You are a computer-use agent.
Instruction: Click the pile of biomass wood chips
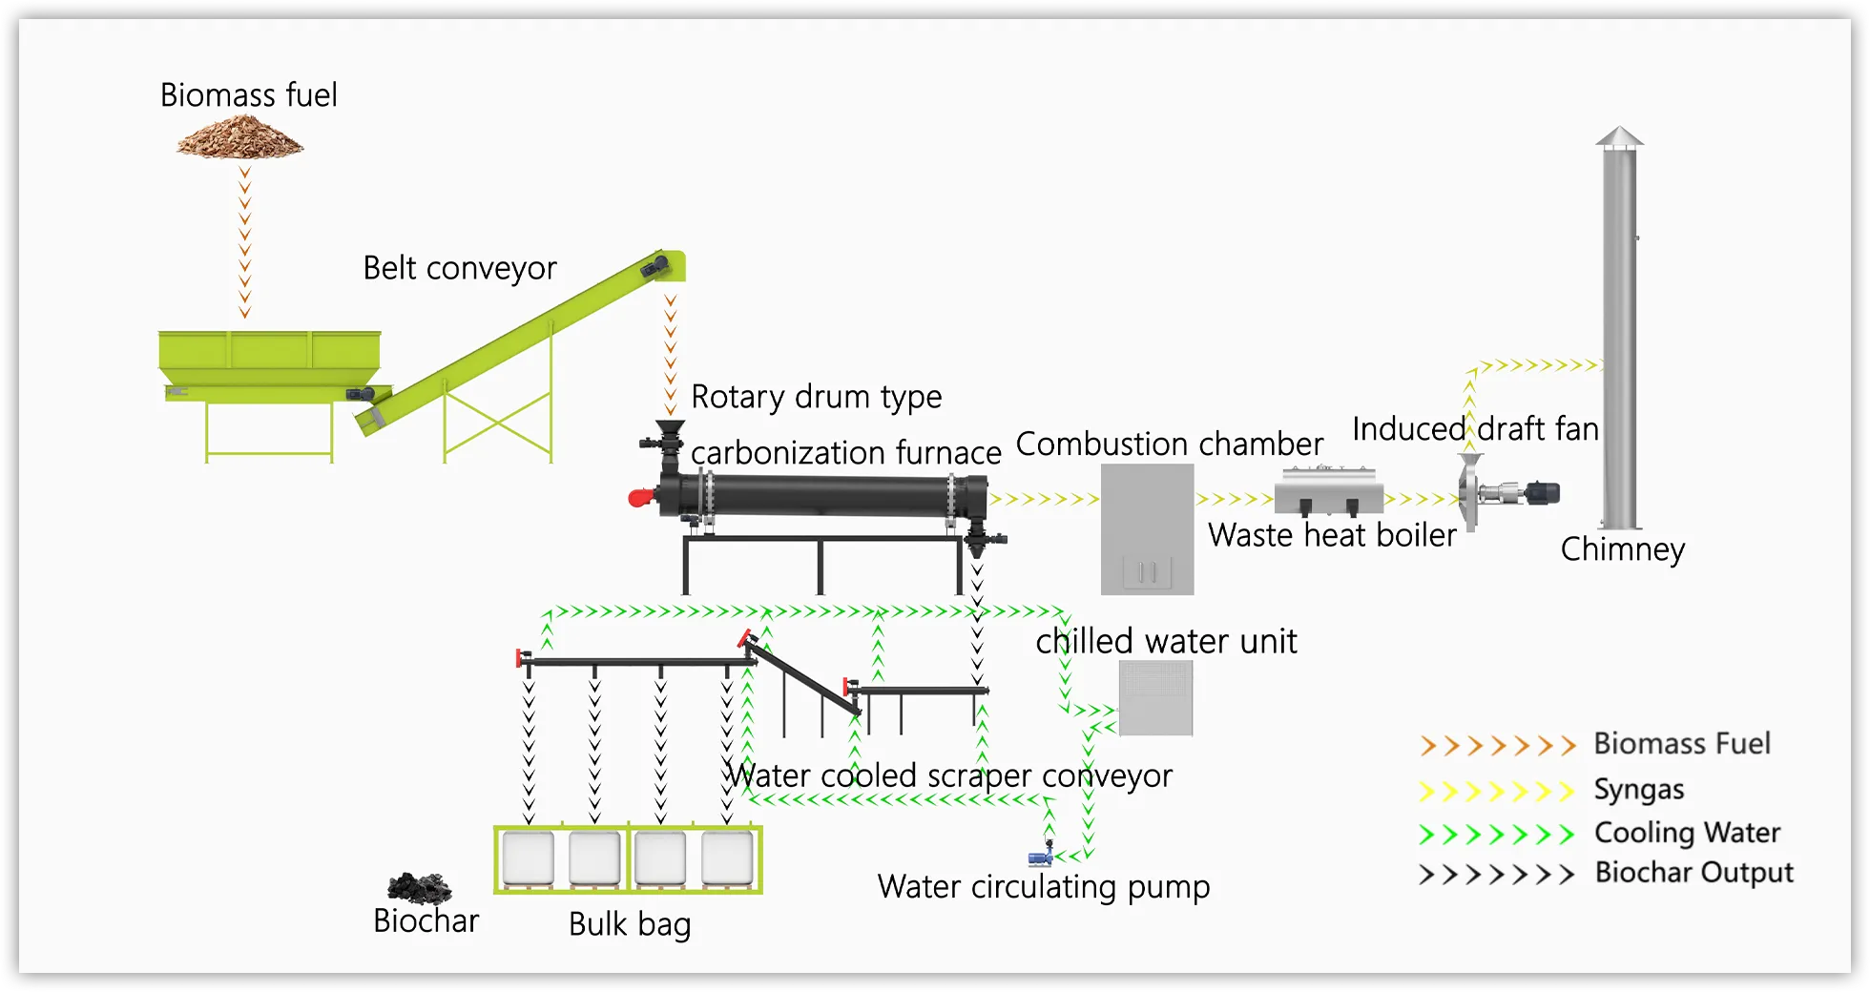(240, 138)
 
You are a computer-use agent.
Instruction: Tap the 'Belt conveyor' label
(459, 268)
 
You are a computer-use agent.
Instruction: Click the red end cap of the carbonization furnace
(640, 497)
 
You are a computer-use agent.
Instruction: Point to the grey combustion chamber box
(1147, 528)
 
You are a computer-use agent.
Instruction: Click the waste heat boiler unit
(1329, 490)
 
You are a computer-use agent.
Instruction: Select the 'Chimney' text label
(1622, 549)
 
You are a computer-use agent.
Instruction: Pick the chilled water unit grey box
(1155, 698)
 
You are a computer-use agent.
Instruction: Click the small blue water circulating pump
(1041, 857)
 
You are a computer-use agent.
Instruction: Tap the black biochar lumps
(419, 888)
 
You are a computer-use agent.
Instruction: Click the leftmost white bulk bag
(529, 858)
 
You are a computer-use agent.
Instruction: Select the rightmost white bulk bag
(727, 858)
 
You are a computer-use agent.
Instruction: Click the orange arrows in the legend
(1496, 745)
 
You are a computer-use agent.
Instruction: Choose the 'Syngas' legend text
(1638, 790)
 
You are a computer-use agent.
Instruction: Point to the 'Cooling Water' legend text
(1687, 833)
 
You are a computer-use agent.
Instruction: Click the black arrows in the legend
(1496, 875)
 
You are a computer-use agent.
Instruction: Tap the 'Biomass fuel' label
(248, 95)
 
